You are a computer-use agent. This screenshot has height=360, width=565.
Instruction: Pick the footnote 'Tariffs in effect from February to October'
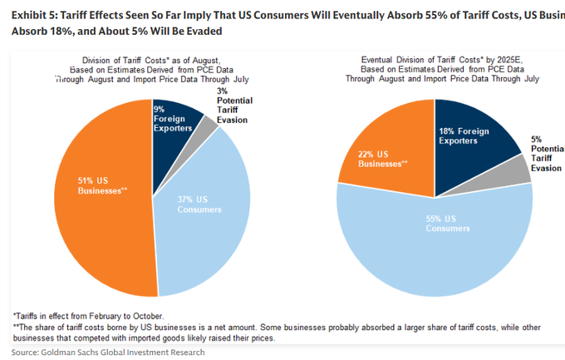(87, 316)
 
